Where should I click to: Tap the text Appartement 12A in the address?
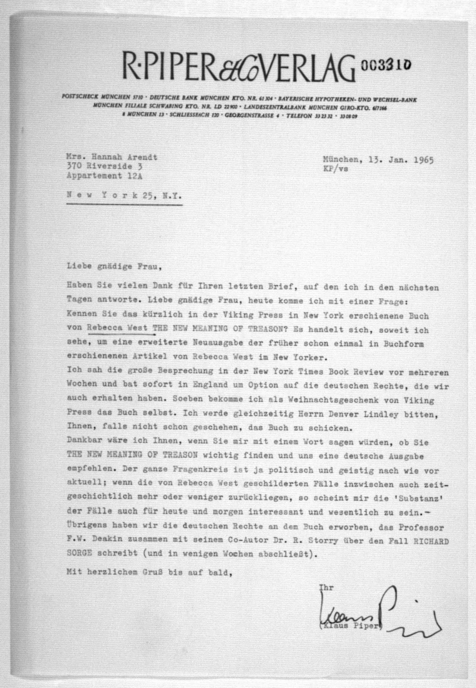click(104, 176)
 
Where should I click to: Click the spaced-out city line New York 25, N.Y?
click(124, 196)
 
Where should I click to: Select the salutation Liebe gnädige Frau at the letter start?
click(114, 266)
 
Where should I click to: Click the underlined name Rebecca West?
click(117, 328)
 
